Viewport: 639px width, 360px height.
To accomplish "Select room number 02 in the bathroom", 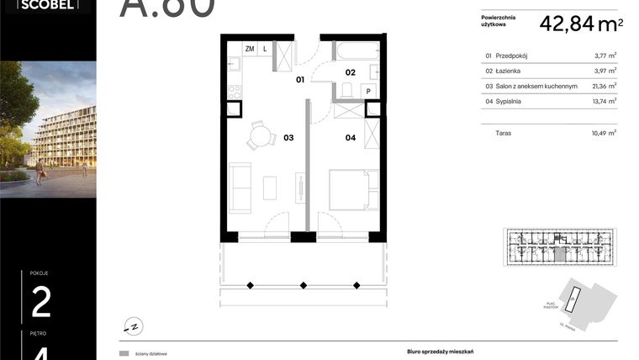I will coord(350,72).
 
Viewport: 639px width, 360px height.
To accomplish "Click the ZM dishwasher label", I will coord(250,49).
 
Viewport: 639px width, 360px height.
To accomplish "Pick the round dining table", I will coord(261,135).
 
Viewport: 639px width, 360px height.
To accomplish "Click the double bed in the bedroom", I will coord(347,189).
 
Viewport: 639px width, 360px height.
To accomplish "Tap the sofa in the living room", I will coord(240,189).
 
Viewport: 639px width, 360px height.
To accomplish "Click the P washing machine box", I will coord(368,90).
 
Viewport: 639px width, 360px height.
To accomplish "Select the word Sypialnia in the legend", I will coord(509,101).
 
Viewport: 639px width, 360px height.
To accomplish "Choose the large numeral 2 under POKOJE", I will coord(41,302).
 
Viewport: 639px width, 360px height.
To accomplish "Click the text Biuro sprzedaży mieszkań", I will coord(429,353).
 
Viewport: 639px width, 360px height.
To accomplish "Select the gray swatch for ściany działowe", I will coord(124,354).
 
